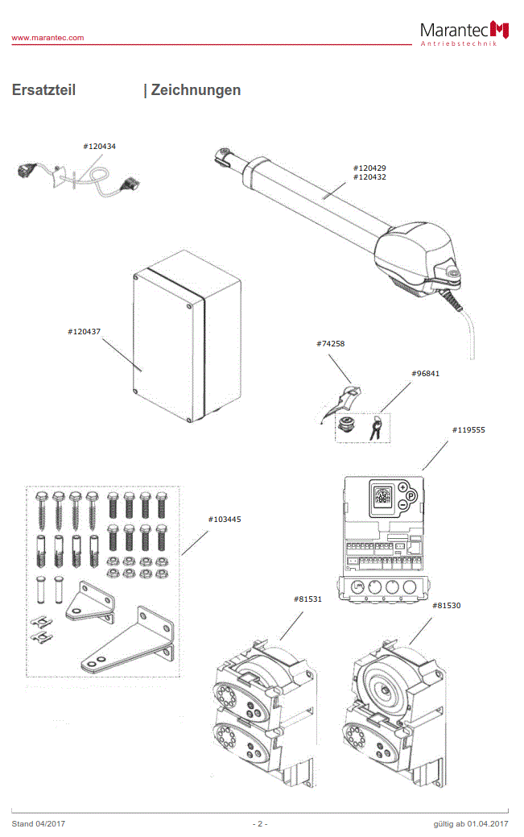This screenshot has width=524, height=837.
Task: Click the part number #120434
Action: point(100,147)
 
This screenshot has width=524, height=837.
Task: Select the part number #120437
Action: point(85,331)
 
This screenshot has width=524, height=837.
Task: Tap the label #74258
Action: point(331,344)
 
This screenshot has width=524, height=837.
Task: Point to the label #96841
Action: point(426,374)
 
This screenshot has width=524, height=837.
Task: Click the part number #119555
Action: point(468,430)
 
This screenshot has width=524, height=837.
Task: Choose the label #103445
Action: point(225,520)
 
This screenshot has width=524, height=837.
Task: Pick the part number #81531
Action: point(311,599)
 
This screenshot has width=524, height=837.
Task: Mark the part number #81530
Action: point(447,605)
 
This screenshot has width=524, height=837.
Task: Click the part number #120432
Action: point(369,176)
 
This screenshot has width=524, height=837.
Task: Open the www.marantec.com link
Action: point(47,38)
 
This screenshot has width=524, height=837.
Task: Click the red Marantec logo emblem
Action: point(501,30)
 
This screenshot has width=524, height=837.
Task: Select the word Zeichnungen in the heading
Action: point(196,90)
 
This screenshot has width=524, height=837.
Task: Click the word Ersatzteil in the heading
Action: point(43,90)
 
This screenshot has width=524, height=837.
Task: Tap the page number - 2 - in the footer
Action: point(260,824)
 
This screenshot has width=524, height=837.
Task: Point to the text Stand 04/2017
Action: point(39,824)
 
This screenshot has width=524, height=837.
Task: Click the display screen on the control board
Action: point(382,497)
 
